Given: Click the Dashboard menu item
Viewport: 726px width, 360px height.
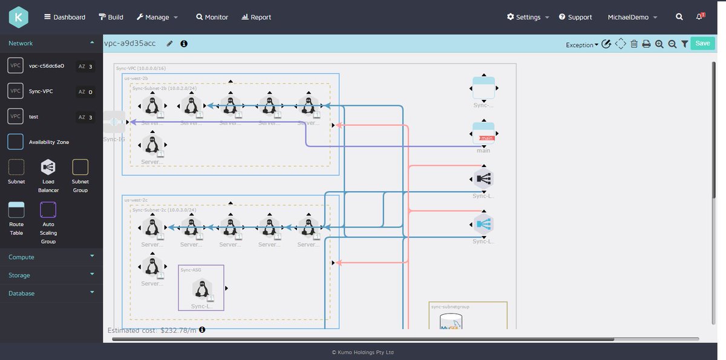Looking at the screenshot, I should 65,17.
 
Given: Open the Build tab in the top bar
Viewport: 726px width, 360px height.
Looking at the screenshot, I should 111,17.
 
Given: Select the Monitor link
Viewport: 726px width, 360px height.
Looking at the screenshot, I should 212,17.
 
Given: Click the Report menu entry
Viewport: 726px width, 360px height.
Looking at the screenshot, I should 256,17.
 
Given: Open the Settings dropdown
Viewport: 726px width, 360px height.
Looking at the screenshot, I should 528,17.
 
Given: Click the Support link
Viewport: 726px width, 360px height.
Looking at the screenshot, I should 575,17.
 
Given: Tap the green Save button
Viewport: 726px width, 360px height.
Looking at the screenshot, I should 702,44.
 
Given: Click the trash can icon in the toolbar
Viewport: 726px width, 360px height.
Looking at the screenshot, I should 634,44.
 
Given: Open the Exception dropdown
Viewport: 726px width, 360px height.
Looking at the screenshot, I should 582,45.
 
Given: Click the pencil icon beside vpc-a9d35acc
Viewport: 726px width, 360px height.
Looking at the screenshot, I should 170,44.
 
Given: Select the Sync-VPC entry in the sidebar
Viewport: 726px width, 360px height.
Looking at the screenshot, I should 41,91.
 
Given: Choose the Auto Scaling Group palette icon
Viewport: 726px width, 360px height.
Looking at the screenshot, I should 48,210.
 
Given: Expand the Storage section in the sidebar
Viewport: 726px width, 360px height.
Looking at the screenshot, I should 51,275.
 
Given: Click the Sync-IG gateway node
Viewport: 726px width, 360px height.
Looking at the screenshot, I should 114,122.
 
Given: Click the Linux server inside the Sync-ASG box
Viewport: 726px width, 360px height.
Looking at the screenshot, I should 202,289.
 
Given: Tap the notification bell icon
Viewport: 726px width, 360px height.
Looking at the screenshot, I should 699,17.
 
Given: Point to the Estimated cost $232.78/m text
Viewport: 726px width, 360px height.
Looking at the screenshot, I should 152,330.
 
